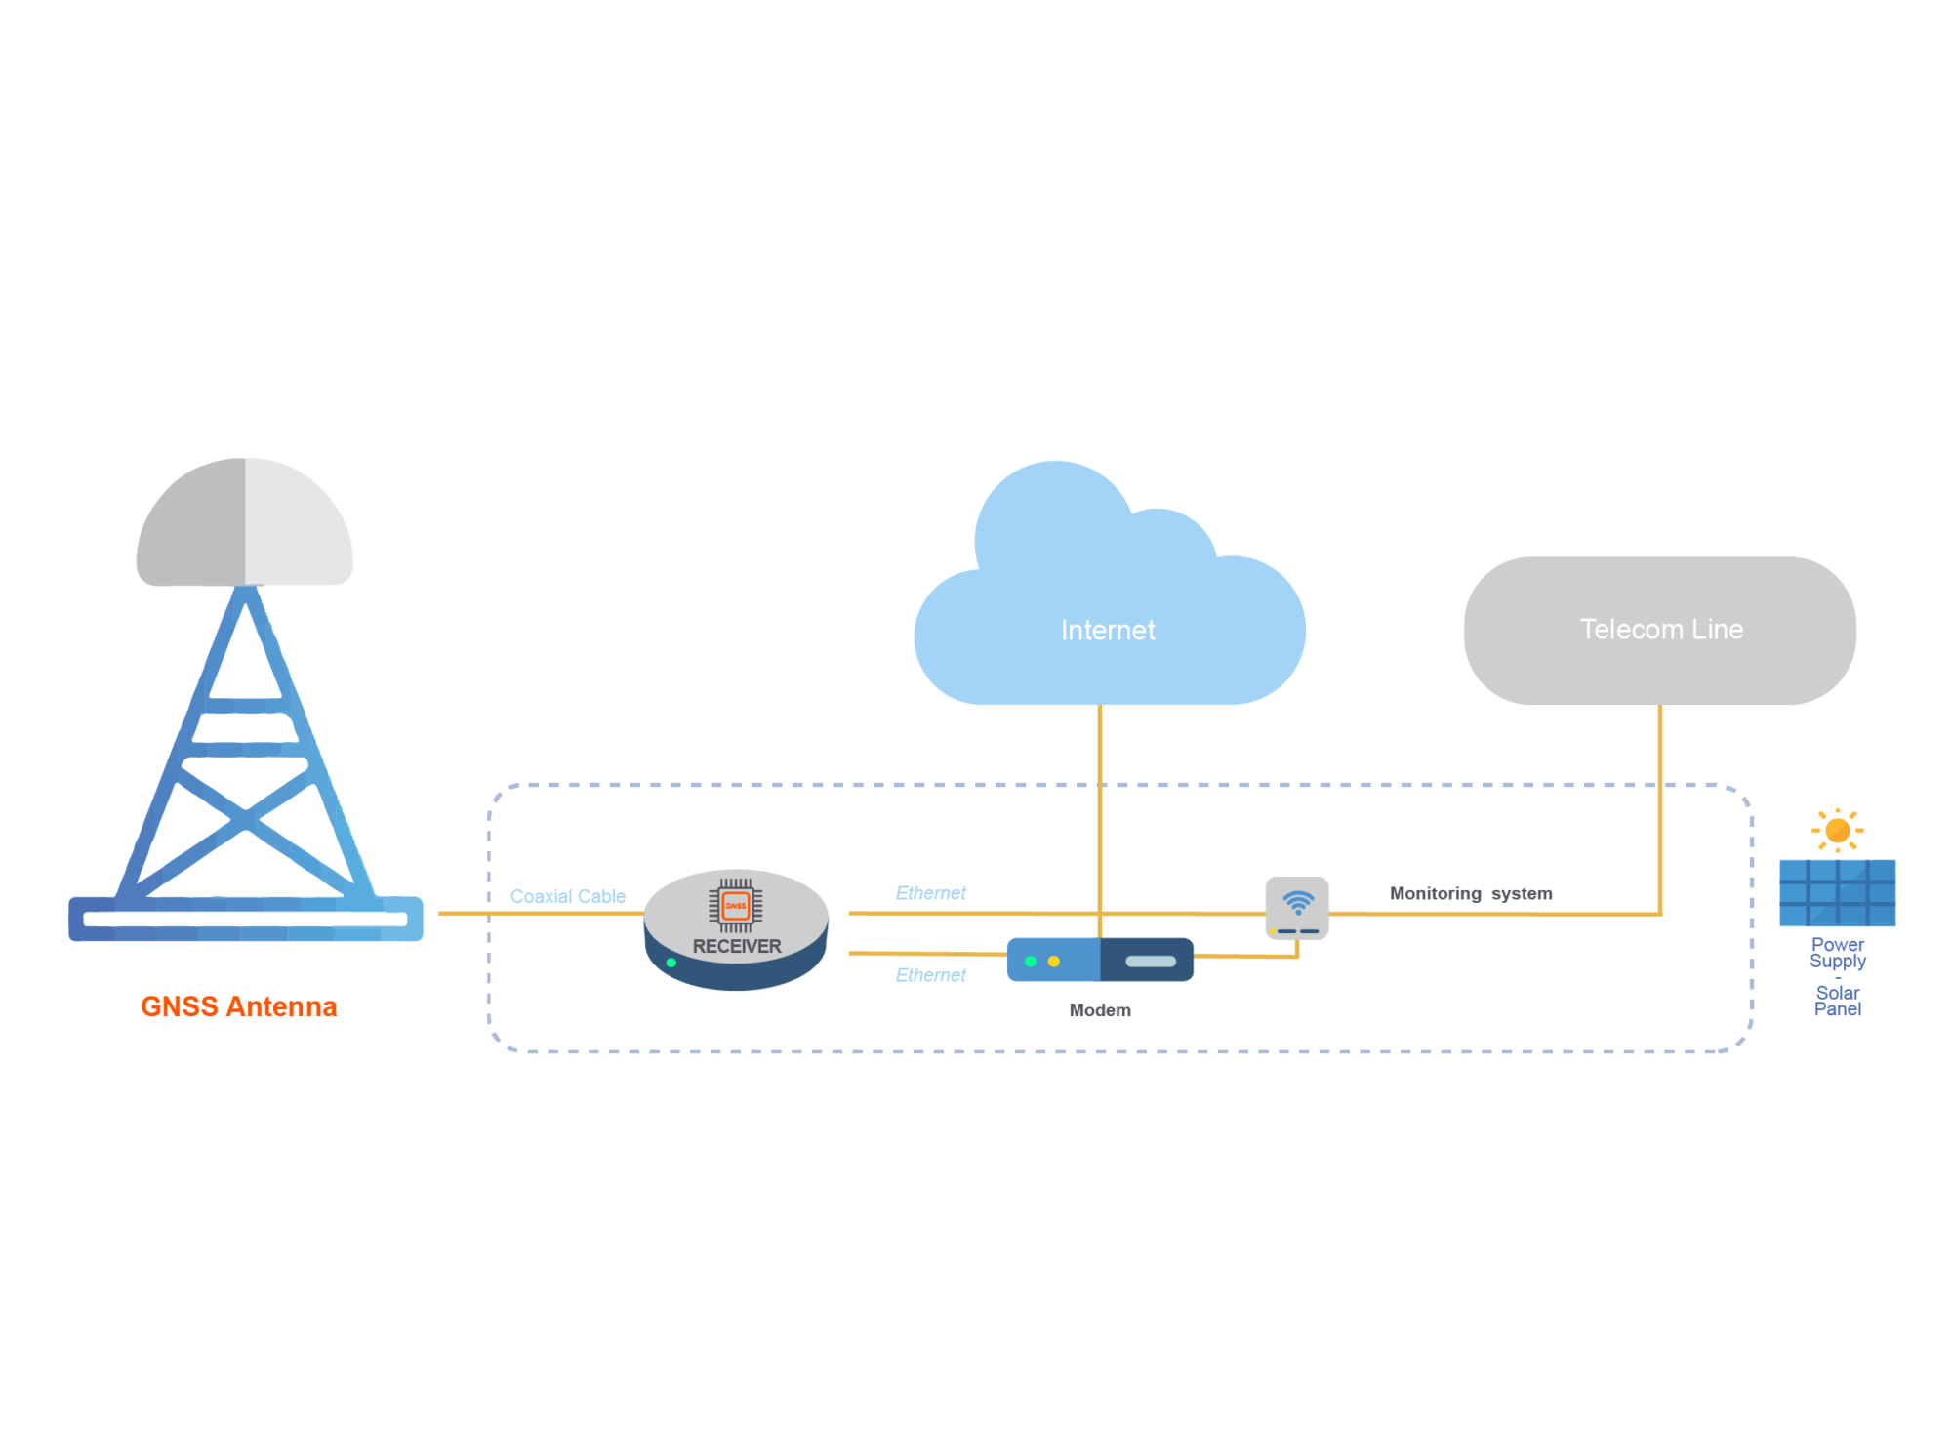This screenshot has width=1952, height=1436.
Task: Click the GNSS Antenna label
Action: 239,1006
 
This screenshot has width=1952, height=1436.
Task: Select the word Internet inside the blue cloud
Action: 1108,631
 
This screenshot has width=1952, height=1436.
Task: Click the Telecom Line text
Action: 1661,630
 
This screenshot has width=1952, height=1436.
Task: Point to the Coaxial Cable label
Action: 568,896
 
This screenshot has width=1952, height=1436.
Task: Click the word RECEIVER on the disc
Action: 737,946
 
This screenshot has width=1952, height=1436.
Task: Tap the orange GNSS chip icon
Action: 736,906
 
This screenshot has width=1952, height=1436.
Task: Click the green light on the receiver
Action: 671,964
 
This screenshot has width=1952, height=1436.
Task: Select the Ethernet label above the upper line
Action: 930,893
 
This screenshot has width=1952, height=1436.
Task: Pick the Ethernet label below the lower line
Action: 930,975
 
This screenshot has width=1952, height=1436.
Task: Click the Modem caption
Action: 1100,1010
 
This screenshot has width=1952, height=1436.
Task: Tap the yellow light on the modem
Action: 1054,962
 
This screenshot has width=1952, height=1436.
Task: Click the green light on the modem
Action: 1031,962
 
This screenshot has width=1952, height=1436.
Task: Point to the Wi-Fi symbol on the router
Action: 1298,902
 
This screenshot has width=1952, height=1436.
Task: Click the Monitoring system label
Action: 1470,893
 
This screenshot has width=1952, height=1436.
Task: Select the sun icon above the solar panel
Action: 1838,831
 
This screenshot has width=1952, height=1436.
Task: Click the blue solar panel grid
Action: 1838,892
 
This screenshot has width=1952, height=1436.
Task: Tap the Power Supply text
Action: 1838,953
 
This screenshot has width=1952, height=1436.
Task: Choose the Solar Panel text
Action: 1838,1001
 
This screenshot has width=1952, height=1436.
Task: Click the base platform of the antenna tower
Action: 246,919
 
